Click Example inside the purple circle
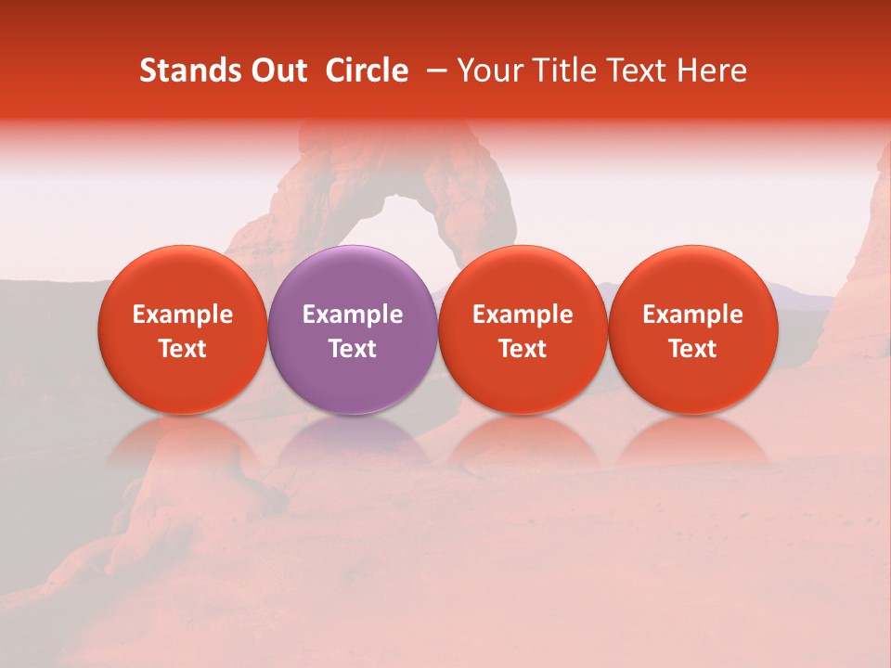tap(353, 315)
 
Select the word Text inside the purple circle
tap(353, 349)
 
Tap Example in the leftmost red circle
tap(183, 315)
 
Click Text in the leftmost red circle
tap(183, 349)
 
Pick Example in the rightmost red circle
tap(692, 315)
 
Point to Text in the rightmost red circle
tap(692, 349)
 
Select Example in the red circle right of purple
tap(523, 315)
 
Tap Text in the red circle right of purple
tap(523, 349)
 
